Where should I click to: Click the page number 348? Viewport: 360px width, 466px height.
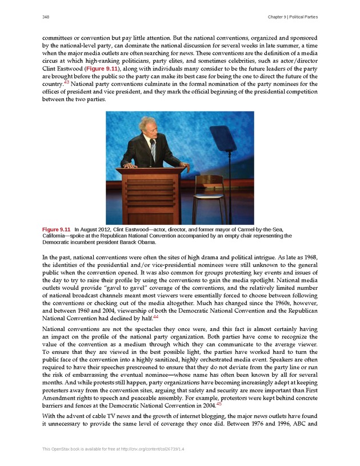click(46, 17)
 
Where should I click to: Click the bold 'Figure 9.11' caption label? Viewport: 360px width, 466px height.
click(57, 229)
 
